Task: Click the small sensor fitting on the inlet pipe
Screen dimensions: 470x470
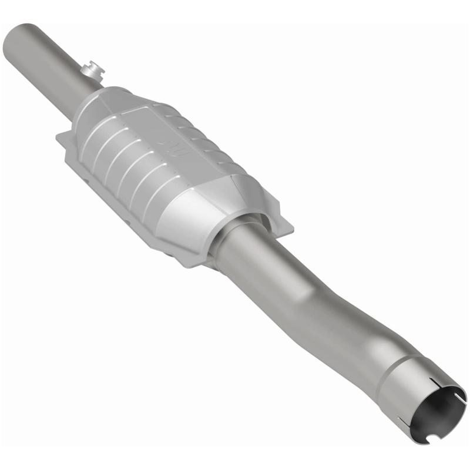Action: coord(92,72)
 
